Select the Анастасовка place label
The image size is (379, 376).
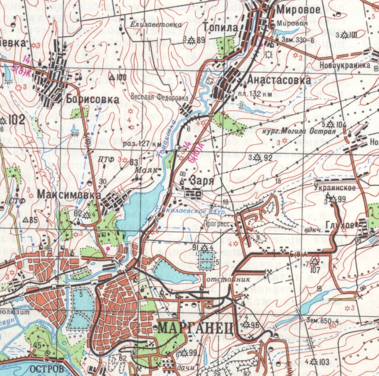[279, 80]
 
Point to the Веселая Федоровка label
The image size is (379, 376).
[159, 97]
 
